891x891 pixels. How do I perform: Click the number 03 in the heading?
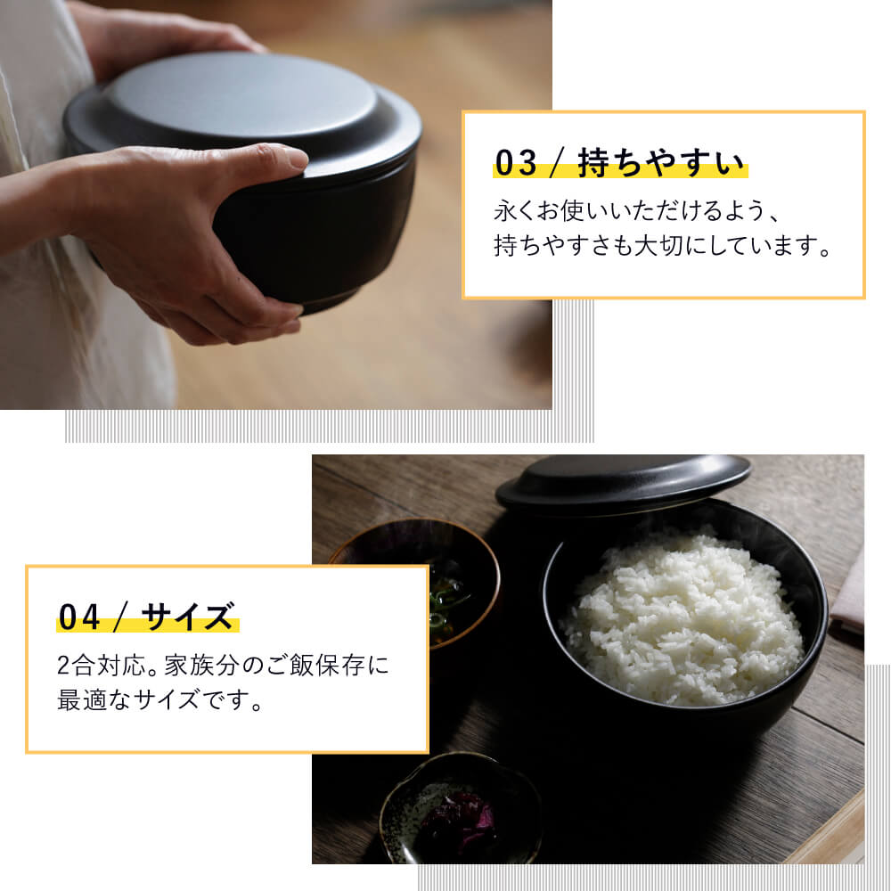(x=515, y=163)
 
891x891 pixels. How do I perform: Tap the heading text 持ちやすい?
(x=661, y=163)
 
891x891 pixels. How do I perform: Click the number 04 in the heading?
(x=79, y=617)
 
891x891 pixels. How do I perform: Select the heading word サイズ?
(x=188, y=617)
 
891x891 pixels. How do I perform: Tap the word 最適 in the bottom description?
(x=81, y=699)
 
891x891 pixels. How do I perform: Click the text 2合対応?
(x=102, y=666)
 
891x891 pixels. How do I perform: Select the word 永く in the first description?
(x=515, y=211)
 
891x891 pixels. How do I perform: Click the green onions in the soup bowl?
(x=446, y=602)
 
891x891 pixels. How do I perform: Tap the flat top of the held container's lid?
(x=241, y=94)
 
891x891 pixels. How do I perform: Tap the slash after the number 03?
(x=557, y=163)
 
